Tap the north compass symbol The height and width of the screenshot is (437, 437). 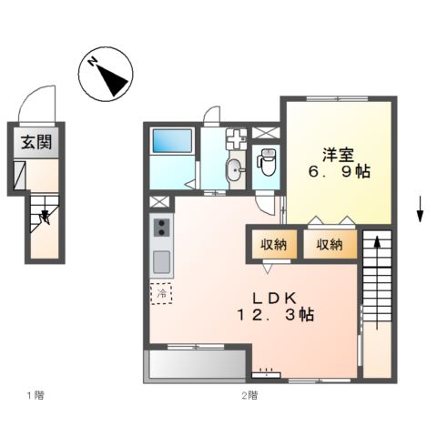[105, 76]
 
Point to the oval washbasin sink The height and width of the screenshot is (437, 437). [235, 168]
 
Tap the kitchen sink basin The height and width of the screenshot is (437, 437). [162, 262]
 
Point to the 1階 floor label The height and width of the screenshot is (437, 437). [34, 395]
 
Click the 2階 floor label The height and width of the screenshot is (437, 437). [249, 395]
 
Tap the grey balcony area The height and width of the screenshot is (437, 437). [196, 363]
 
